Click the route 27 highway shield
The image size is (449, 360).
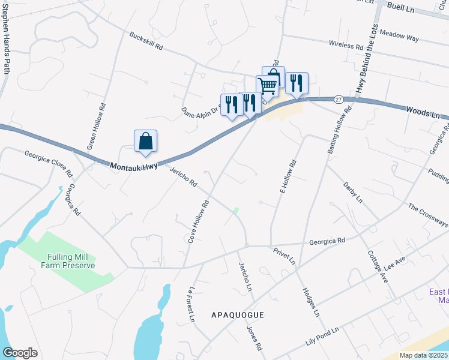[339, 99]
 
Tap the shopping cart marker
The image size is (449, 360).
[267, 85]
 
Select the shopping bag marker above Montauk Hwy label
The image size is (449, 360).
[145, 142]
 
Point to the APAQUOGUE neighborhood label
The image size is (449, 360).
[238, 314]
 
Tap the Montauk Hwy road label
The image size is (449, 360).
[133, 164]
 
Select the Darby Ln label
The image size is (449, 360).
[352, 190]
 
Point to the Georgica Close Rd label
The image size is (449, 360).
[48, 164]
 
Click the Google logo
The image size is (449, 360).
[20, 353]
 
